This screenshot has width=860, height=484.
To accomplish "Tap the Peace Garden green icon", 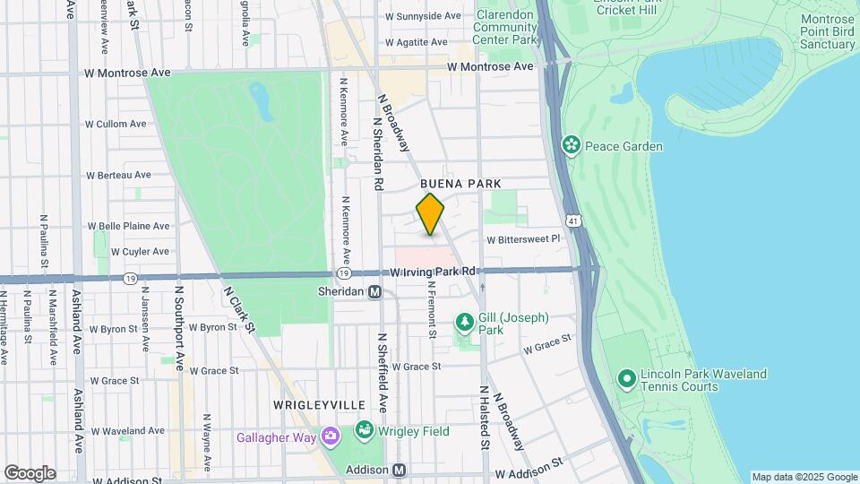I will click(x=570, y=145).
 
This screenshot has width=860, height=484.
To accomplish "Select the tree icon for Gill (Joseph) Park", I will click(x=464, y=322).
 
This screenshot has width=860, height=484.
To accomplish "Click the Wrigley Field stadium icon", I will click(x=365, y=431).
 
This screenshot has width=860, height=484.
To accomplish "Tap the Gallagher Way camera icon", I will click(x=331, y=437).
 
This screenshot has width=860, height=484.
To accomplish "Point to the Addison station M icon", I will click(x=400, y=470).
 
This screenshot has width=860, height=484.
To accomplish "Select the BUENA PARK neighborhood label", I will click(x=460, y=184).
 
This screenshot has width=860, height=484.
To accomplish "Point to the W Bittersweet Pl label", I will click(x=523, y=239).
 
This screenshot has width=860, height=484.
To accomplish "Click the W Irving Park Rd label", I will click(x=432, y=271).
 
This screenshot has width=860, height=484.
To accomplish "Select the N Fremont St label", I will click(x=433, y=310).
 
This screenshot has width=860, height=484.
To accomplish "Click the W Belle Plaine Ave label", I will click(x=127, y=226).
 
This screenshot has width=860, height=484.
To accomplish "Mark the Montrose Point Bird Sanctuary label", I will click(x=815, y=30).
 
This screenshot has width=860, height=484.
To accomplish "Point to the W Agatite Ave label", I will click(x=416, y=42).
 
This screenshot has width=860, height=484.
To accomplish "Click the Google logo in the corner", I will click(x=30, y=473).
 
